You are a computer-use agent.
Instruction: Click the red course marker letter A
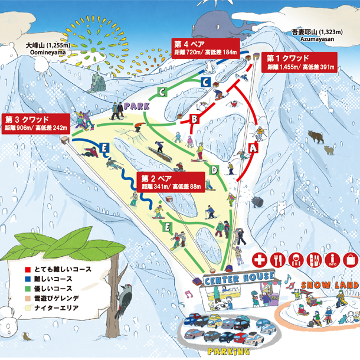pyautogui.click(x=253, y=149)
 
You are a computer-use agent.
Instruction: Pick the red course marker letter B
pyautogui.click(x=193, y=119)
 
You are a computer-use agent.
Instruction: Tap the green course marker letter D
pyautogui.click(x=215, y=171)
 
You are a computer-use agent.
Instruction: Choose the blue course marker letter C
pyautogui.click(x=205, y=82)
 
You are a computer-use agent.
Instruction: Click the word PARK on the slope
pyautogui.click(x=136, y=106)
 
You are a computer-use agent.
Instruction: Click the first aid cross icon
pyautogui.click(x=260, y=259)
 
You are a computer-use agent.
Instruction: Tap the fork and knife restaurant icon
pyautogui.click(x=278, y=259)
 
